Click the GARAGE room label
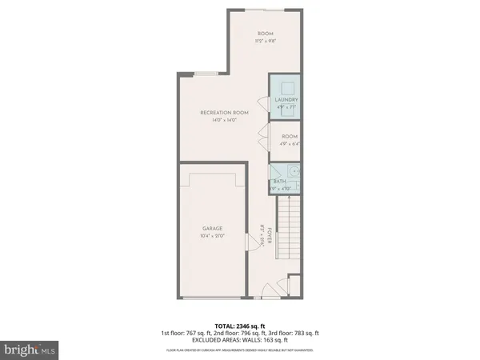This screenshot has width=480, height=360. coord(212,228)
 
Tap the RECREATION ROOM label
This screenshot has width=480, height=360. coord(224,113)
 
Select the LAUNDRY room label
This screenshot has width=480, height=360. coord(287,100)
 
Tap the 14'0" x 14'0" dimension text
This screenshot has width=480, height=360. coord(224,121)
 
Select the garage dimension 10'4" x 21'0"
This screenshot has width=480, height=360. coord(212,236)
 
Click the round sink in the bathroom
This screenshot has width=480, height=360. coord(294,170)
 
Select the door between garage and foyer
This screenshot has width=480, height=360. coord(250,255)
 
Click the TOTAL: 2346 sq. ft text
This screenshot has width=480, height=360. coord(239,326)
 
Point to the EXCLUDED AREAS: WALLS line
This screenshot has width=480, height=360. coord(239,340)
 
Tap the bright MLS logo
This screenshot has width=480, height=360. coord(30,350)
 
